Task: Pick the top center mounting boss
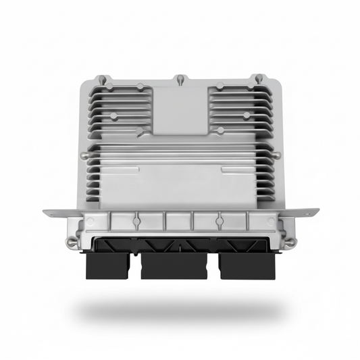180,80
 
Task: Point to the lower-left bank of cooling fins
115,179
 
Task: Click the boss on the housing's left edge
83,155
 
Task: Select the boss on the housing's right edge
277,155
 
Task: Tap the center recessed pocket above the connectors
179,221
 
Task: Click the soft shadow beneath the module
180,312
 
